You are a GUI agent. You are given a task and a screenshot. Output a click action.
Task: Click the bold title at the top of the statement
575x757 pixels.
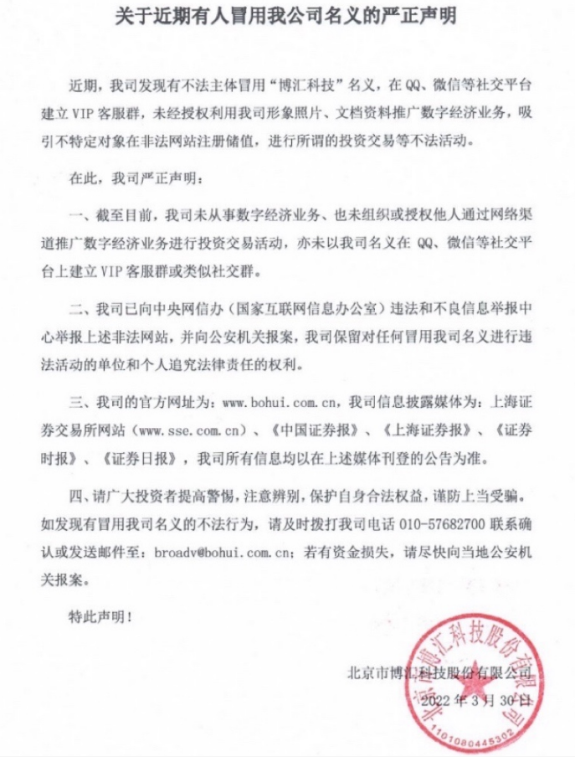(287, 18)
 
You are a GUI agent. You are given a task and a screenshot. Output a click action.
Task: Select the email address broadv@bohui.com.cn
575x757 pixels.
(218, 552)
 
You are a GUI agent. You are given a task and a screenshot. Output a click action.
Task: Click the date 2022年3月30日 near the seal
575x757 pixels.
(477, 698)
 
